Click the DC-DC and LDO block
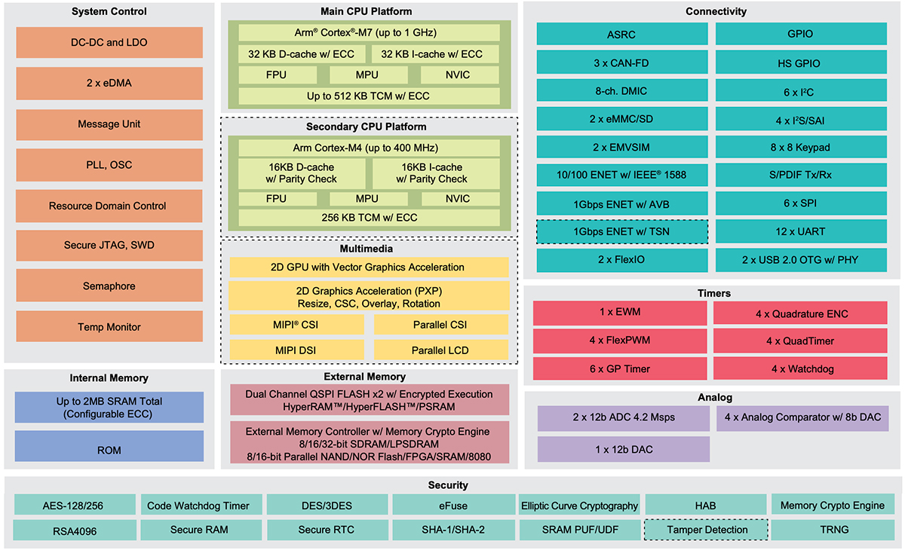click(109, 43)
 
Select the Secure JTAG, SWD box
click(109, 246)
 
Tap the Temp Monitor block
click(109, 327)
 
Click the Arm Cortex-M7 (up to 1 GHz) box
click(369, 32)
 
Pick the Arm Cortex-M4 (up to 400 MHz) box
click(369, 148)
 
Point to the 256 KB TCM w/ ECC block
click(369, 218)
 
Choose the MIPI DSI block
click(296, 350)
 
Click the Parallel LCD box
click(440, 350)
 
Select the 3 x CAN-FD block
click(622, 63)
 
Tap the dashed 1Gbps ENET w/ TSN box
click(622, 232)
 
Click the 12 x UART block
click(801, 232)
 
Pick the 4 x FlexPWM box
click(620, 341)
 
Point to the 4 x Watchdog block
click(801, 369)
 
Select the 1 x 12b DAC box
click(623, 449)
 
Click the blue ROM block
click(109, 450)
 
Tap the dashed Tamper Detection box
click(706, 530)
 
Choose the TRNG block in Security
click(833, 530)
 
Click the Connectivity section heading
click(716, 11)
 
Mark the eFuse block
click(452, 506)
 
